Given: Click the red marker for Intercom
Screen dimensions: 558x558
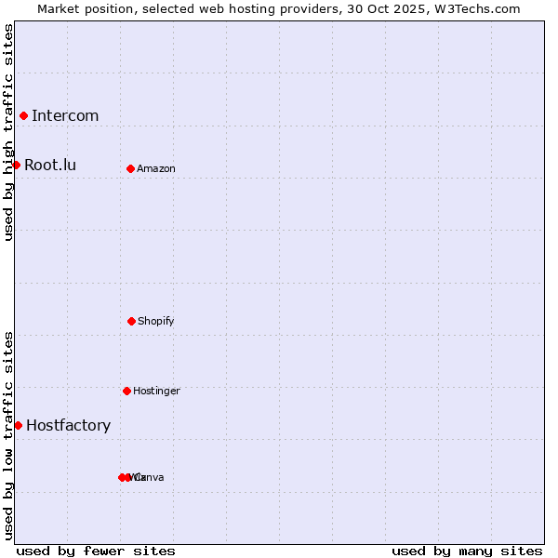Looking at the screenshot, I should (23, 115).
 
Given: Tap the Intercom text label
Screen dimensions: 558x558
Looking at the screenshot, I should (65, 116).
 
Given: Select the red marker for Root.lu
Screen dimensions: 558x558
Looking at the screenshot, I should (16, 165).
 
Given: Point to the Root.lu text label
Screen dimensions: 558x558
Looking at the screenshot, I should (50, 166).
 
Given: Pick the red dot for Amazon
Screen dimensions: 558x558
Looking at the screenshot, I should (130, 168).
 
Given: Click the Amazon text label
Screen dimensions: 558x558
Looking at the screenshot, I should (156, 169).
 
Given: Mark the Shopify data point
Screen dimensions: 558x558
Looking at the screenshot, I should (131, 321).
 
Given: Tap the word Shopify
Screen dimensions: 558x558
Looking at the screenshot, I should (156, 322).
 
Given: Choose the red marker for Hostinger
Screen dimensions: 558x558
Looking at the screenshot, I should (126, 391).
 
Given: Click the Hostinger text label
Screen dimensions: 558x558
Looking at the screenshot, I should (156, 392).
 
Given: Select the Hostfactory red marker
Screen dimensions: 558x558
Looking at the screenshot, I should (18, 425).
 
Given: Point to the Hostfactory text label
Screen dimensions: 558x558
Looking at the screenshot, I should (68, 426).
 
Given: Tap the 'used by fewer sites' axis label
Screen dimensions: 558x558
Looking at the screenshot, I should (96, 551).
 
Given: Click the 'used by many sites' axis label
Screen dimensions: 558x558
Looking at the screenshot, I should (467, 551).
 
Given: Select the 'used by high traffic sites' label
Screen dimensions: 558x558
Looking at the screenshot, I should (8, 132).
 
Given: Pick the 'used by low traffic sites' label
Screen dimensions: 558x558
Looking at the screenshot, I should (8, 435).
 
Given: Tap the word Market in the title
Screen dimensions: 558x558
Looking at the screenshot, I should (59, 8).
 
